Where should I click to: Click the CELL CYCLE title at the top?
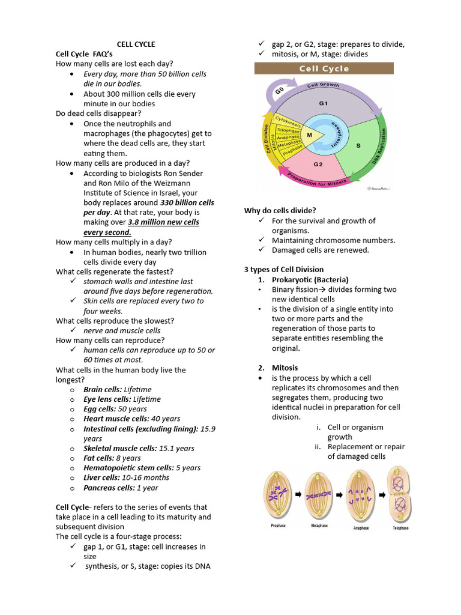coord(136,44)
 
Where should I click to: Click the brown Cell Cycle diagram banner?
coord(324,68)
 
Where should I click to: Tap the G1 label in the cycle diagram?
coord(324,103)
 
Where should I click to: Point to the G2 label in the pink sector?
coord(319,164)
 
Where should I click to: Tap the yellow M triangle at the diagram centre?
coord(310,135)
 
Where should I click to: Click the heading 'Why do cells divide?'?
coord(280,211)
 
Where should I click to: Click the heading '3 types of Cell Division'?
coord(284,270)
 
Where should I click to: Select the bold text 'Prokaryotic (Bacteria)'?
coord(310,279)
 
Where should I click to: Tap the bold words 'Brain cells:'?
coord(103,389)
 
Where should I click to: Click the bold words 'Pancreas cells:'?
coord(109,487)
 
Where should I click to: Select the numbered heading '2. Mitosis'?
coord(278,368)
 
